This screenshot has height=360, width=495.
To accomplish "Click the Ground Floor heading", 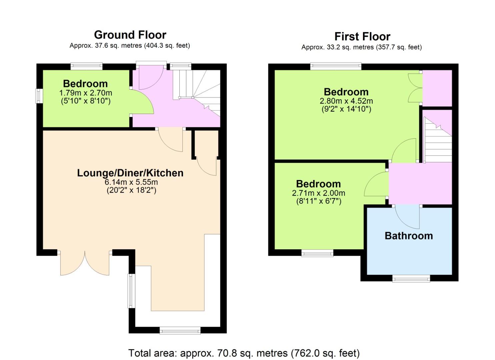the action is (130, 35).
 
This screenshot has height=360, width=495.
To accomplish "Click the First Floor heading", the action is (362, 36).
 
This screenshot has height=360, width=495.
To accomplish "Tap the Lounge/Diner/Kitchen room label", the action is (130, 173).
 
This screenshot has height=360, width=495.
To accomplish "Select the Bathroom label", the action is (409, 236).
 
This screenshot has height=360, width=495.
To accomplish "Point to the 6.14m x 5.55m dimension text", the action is (131, 182).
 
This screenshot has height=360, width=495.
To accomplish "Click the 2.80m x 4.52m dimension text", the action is (346, 101).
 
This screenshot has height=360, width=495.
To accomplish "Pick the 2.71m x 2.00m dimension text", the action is (319, 193).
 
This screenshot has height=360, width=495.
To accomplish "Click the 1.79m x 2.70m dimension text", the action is (86, 93).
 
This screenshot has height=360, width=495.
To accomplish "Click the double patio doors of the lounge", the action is (85, 263).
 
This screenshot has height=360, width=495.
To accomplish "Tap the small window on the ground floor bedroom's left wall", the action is (39, 96).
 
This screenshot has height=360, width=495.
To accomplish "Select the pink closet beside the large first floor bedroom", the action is (437, 88).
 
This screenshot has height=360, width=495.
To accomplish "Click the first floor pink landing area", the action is (420, 183).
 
